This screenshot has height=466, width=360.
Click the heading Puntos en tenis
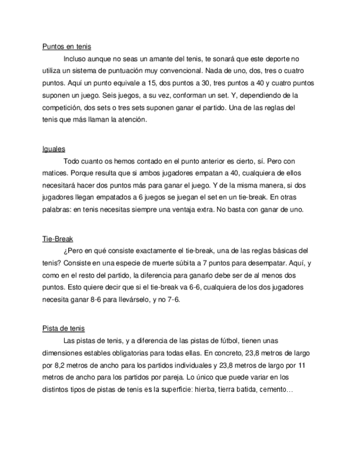[67, 47]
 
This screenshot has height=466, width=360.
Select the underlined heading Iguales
[54, 149]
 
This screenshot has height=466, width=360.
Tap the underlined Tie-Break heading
[58, 239]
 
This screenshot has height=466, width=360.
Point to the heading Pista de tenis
[63, 329]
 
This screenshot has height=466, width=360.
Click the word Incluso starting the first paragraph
[76, 59]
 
